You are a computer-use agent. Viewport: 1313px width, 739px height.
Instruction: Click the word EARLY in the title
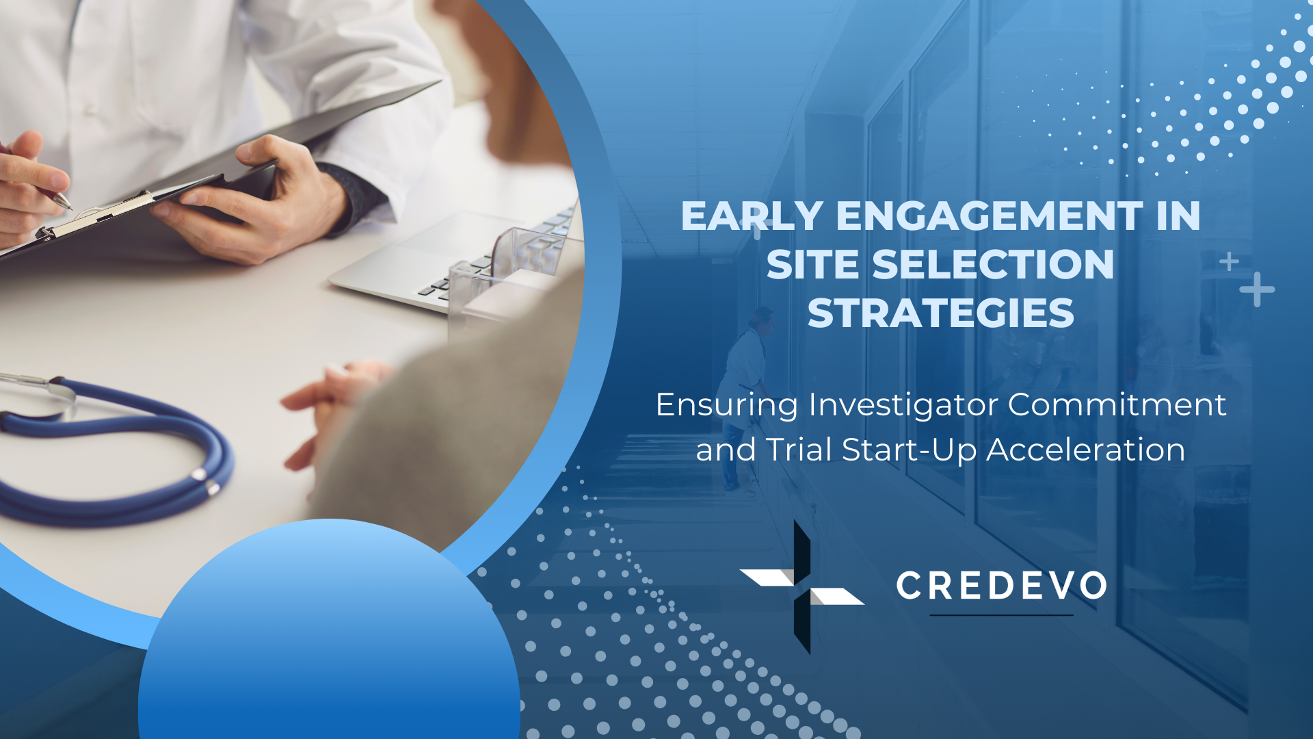(752, 216)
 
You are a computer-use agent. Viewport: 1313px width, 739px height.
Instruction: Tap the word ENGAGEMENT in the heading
(990, 216)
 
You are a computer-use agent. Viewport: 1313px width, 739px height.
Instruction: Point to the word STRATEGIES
(941, 313)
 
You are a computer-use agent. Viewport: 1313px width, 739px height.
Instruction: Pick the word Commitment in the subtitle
(1117, 404)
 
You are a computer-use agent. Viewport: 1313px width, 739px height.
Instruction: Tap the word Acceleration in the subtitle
(1086, 450)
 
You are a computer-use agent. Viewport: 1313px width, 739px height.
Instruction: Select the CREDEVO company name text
(1002, 586)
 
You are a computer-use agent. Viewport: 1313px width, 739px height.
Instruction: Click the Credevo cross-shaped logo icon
(801, 587)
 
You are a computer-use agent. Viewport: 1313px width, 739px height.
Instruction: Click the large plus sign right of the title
(1257, 289)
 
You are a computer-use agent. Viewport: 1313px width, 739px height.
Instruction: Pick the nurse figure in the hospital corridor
(745, 397)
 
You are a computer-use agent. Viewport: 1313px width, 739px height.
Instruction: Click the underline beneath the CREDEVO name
(1001, 615)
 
